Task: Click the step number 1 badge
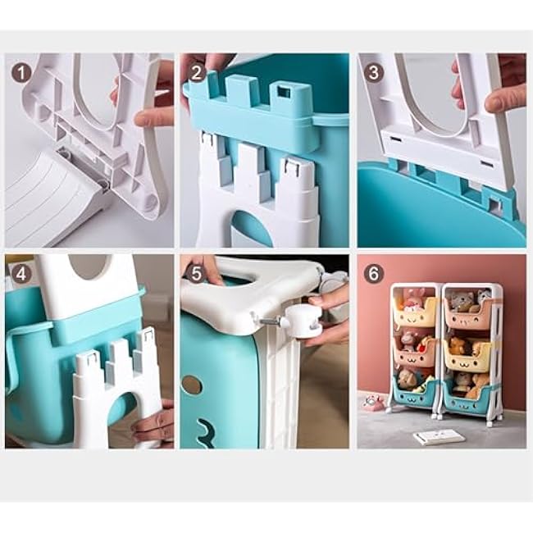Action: (x=22, y=72)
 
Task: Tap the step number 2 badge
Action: (x=197, y=72)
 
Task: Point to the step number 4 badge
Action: (x=22, y=272)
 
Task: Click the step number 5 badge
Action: (x=197, y=272)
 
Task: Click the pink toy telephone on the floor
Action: (x=373, y=402)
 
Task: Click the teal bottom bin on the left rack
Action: (x=414, y=393)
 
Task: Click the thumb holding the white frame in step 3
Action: (x=502, y=99)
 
